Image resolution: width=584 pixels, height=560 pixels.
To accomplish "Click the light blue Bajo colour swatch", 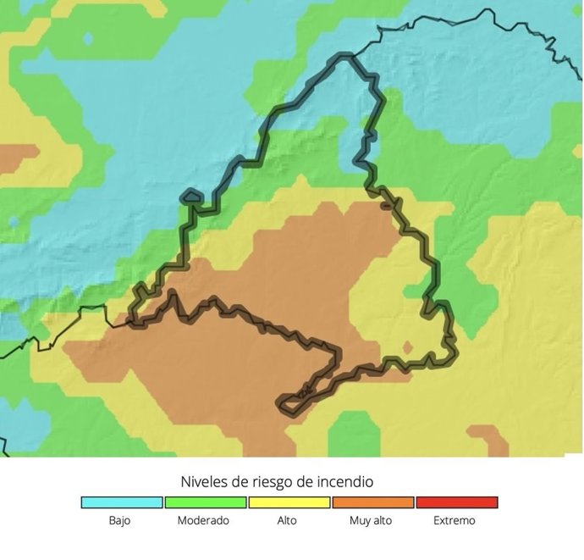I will [122, 502].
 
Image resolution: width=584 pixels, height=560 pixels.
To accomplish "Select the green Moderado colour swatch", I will [206, 502].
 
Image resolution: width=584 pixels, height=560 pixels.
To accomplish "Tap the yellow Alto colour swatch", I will [289, 502].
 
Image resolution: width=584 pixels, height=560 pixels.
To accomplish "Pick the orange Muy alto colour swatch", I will [373, 502].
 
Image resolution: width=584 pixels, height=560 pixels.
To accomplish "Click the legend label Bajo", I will [119, 521].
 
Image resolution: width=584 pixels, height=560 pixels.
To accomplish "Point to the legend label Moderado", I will [203, 521].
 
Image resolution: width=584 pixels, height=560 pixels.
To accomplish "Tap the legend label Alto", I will [287, 521].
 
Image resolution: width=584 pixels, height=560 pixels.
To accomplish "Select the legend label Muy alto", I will [371, 521].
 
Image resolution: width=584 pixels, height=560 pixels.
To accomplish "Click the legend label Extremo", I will [455, 521].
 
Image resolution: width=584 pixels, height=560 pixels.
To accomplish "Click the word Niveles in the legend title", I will [206, 482].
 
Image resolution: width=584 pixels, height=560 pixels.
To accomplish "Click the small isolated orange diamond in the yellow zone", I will [407, 347].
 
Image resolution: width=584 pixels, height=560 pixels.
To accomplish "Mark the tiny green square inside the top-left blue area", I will [87, 39].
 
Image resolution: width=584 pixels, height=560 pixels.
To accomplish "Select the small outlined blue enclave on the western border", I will [191, 197].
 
